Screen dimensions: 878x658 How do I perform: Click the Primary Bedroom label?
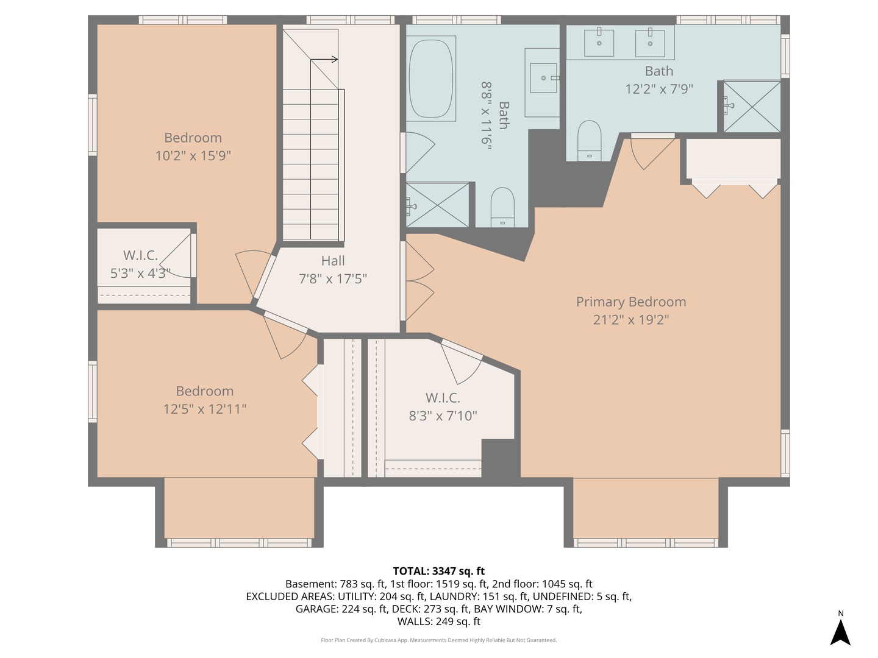(x=631, y=302)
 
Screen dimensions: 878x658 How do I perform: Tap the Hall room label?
(x=333, y=261)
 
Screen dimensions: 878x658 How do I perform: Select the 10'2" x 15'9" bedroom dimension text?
(x=193, y=155)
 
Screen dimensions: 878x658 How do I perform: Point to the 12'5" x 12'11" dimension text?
(x=205, y=409)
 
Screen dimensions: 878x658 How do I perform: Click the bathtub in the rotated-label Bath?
(x=431, y=79)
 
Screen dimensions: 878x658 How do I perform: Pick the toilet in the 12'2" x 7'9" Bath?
(x=589, y=140)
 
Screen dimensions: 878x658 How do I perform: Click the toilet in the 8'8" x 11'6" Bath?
(x=502, y=207)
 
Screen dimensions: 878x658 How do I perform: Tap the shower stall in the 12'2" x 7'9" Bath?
(x=752, y=106)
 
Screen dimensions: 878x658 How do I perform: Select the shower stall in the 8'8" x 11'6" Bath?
(x=438, y=205)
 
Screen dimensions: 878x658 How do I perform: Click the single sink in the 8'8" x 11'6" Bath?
(x=544, y=78)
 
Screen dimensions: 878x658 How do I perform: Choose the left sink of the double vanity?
(x=599, y=42)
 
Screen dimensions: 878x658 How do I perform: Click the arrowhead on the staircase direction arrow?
(x=335, y=60)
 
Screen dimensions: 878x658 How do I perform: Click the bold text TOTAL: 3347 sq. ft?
(x=439, y=571)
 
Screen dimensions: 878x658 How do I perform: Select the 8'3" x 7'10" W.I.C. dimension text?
(x=443, y=416)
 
